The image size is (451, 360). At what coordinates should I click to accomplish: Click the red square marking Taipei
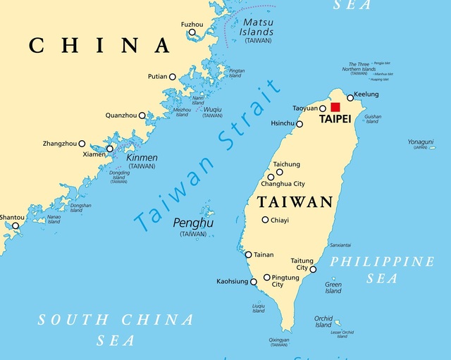[335, 107]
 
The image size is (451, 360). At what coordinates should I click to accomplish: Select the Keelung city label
[366, 94]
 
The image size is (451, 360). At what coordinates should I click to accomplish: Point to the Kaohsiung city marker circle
[254, 282]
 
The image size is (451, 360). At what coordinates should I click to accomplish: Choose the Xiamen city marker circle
[109, 149]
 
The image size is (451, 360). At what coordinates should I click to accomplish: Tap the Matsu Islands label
[257, 27]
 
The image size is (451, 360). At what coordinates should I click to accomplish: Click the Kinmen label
[142, 157]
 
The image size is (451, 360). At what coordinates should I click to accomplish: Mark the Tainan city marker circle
[248, 255]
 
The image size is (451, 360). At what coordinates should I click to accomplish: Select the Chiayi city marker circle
[265, 220]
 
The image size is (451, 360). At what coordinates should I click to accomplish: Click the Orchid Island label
[323, 321]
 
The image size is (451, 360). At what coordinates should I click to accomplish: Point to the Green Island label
[333, 287]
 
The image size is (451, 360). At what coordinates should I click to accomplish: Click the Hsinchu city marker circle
[299, 124]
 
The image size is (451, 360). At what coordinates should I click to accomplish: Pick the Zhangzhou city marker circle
[82, 144]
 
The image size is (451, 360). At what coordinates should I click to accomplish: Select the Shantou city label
[11, 217]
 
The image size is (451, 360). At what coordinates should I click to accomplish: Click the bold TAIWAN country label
[295, 202]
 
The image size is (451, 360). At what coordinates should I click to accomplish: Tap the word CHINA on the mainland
[99, 46]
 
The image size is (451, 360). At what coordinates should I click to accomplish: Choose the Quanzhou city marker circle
[142, 116]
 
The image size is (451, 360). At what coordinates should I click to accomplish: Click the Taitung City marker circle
[313, 269]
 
